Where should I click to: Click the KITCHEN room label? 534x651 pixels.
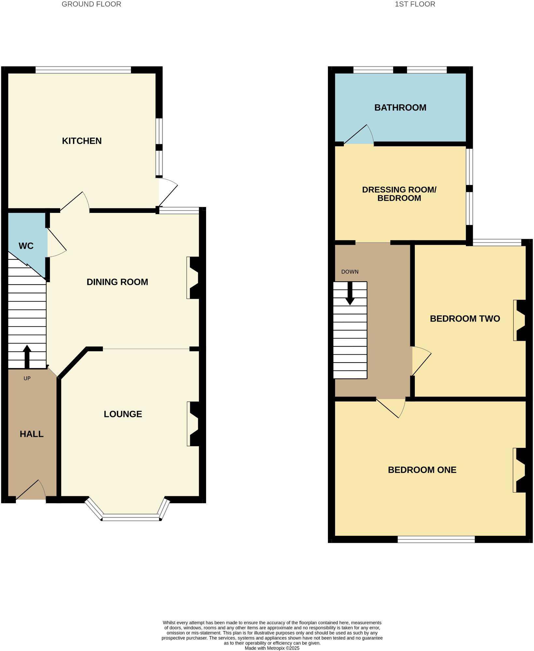pos(82,141)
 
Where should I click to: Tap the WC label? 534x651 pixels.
pos(26,246)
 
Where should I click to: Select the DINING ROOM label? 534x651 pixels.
pos(117,282)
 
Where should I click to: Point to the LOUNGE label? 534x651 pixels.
pos(123,414)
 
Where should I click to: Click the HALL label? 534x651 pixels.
pos(32,434)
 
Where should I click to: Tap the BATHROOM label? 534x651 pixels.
pos(400,108)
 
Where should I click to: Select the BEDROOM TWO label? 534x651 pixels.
pos(465,319)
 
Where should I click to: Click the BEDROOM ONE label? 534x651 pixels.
pos(422,470)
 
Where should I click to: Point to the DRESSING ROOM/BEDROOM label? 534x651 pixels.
pos(399,194)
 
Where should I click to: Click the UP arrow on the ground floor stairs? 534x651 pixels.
pos(27,356)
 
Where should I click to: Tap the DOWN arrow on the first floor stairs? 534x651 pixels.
pos(350,293)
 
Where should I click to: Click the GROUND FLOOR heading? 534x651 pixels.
pos(91,4)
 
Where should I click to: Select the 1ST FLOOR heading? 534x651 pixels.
pos(415,4)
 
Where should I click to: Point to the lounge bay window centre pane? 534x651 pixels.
pos(131,517)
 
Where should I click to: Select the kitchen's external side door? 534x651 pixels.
pos(167,192)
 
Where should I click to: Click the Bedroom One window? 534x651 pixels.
pos(436,539)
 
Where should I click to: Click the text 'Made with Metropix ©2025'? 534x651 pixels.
pos(272,648)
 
